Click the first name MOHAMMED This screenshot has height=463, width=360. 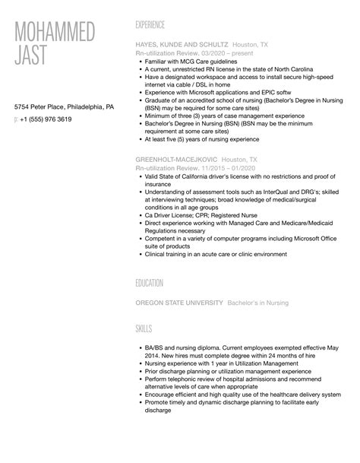[54, 33]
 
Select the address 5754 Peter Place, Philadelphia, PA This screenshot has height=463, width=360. [65, 107]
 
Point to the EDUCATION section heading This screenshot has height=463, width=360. [150, 284]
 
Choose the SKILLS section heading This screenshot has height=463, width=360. [144, 328]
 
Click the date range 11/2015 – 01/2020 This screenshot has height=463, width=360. [231, 170]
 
